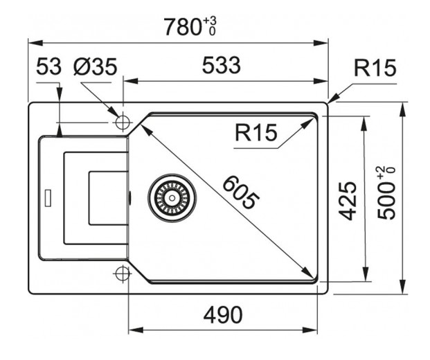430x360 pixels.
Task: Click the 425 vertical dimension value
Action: pos(350,200)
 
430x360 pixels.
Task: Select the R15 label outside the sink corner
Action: pos(374,68)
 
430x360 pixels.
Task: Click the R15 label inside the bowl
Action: pos(256,132)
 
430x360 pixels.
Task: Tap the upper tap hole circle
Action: pos(123,123)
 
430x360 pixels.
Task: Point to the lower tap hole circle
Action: pos(123,272)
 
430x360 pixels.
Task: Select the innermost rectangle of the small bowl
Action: pos(107,197)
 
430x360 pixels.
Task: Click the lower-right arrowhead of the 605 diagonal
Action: pos(308,273)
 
